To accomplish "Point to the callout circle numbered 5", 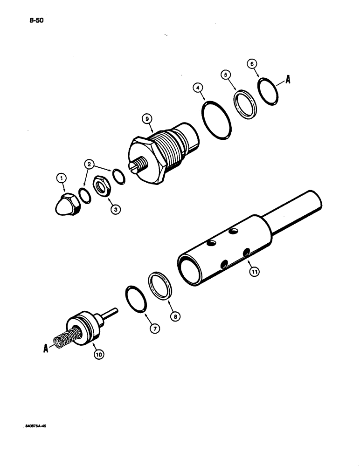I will [226, 75].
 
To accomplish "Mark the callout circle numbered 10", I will [98, 354].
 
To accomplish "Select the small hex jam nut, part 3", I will [100, 186].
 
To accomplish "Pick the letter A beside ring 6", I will [288, 80].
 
